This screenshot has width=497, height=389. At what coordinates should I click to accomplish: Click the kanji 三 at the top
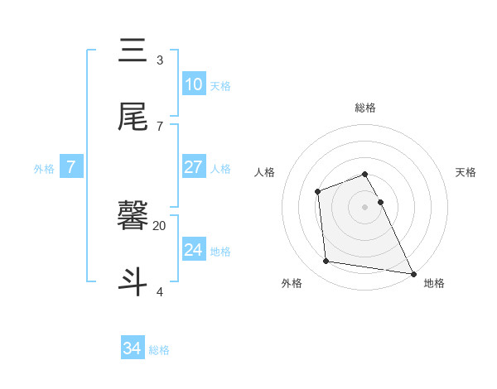click(133, 51)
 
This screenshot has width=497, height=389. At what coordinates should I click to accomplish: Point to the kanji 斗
click(133, 281)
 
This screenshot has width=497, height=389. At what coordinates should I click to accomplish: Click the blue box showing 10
click(193, 84)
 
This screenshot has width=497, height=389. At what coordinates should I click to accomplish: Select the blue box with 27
click(193, 167)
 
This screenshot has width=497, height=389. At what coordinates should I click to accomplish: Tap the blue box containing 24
click(193, 250)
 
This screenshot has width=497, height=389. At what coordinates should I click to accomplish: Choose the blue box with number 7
click(71, 167)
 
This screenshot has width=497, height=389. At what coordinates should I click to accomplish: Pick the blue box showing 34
click(132, 348)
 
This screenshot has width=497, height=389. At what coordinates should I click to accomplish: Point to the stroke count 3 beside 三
click(159, 60)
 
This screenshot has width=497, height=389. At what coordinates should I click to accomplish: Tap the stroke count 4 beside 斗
click(159, 291)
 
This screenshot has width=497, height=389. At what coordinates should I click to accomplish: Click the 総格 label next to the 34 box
click(159, 350)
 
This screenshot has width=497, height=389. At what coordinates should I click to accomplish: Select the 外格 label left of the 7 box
click(44, 169)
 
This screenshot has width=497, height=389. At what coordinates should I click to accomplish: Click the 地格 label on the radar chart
click(434, 283)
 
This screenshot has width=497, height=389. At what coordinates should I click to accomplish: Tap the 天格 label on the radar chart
click(466, 172)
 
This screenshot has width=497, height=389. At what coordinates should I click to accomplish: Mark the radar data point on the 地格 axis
click(413, 274)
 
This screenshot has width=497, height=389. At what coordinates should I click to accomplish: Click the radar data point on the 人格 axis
click(317, 192)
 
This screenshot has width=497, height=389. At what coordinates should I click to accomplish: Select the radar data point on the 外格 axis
click(326, 262)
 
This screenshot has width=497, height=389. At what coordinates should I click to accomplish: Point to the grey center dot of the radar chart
click(364, 207)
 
